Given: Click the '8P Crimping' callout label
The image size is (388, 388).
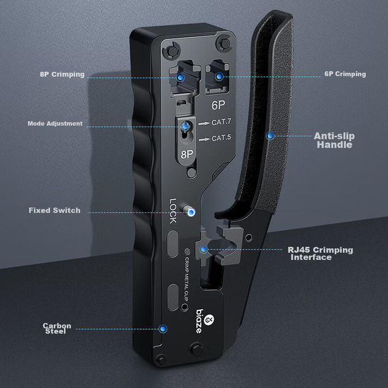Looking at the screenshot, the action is [x=62, y=75].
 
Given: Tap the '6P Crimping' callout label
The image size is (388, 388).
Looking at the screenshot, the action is [x=345, y=74].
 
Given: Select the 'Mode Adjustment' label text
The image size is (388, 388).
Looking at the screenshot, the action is [x=55, y=123].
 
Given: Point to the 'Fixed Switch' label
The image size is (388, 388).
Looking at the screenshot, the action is [x=54, y=211].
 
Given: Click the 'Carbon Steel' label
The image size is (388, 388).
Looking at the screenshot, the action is [x=57, y=328].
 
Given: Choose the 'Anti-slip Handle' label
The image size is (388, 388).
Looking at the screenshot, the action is [x=334, y=140].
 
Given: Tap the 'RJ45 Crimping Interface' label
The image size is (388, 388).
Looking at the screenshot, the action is [x=320, y=253].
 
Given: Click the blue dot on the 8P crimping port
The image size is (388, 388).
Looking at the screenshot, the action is [x=180, y=78].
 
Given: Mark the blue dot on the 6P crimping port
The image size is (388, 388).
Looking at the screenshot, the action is [x=219, y=76].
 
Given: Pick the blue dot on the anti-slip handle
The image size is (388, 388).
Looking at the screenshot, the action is [x=270, y=135].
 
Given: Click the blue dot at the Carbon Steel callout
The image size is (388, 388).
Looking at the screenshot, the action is [x=163, y=329].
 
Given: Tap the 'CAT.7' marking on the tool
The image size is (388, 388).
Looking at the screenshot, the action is [x=222, y=122].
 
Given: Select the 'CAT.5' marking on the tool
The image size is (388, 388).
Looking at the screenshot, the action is [x=222, y=137].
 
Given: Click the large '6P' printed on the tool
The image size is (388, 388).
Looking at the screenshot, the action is [x=218, y=105].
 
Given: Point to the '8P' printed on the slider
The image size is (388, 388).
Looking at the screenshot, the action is [x=187, y=155].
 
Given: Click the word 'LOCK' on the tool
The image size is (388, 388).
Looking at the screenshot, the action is [x=173, y=211].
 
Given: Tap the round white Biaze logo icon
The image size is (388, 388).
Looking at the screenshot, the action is [x=209, y=320].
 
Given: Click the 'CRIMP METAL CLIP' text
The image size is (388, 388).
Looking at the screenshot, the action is [x=187, y=279].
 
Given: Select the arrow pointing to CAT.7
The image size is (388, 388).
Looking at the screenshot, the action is [x=204, y=123].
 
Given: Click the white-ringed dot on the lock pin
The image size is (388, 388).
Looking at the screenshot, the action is [x=191, y=212].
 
